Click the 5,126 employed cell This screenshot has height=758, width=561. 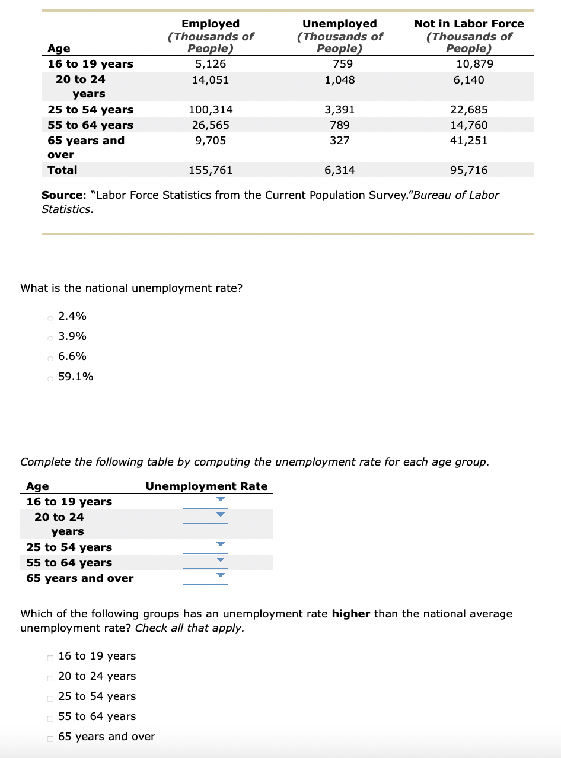point(211,64)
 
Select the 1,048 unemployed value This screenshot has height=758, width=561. point(340,79)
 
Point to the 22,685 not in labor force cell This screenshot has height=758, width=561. point(469,110)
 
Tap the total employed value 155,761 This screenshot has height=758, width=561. point(211,170)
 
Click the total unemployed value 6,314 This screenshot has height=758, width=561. point(340,170)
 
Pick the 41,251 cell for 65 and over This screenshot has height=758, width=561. point(469,141)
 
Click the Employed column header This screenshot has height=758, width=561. point(211,24)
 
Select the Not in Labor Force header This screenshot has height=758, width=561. point(469,24)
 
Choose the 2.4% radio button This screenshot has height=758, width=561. point(50,317)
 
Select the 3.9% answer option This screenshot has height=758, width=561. point(50,337)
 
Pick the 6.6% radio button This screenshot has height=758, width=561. point(50,357)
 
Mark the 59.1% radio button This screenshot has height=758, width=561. point(50,377)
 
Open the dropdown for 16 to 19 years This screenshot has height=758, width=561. point(205,501)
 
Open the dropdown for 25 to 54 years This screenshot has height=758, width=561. point(205,546)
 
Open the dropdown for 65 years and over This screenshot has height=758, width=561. point(205,576)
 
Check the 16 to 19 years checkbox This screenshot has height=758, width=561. point(50,657)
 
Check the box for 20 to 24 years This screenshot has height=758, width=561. point(50,677)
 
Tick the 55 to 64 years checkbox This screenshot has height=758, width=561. point(50,717)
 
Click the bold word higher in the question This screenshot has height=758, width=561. point(351,614)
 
